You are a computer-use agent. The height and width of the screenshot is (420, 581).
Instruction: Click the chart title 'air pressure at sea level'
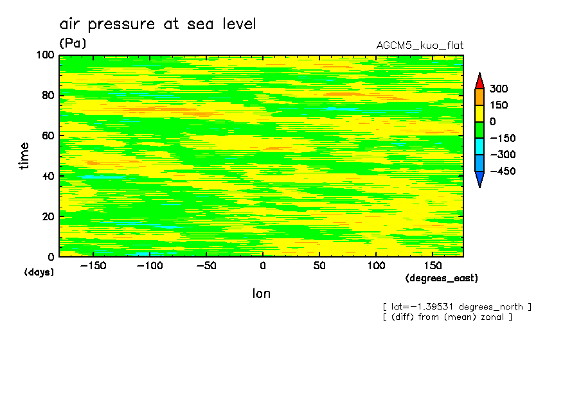(x=157, y=24)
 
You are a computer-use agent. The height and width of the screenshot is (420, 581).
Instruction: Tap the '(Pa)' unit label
(x=73, y=43)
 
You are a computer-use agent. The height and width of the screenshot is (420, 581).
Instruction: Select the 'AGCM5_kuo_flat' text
(x=420, y=46)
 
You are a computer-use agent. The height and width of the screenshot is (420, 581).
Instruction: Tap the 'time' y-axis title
(x=24, y=156)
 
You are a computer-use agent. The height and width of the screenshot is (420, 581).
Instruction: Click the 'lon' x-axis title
(x=261, y=293)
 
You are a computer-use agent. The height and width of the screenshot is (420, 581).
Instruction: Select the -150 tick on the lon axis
(x=93, y=266)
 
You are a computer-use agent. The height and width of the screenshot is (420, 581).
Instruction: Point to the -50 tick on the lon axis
(x=206, y=266)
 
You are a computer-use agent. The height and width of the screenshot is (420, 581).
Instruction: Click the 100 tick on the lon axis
(x=376, y=266)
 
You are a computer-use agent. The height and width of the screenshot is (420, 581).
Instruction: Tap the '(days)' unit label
(x=39, y=272)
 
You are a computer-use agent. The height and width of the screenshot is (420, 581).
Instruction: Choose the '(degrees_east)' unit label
(x=442, y=278)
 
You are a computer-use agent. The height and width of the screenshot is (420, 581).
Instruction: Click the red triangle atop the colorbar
(x=479, y=81)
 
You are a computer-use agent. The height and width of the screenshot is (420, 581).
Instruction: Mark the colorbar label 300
(x=498, y=89)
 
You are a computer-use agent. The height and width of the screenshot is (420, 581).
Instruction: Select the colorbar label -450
(x=501, y=171)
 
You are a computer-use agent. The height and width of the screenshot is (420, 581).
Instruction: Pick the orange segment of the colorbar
(x=479, y=97)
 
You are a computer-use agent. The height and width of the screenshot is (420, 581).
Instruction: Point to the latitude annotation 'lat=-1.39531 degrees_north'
(x=457, y=306)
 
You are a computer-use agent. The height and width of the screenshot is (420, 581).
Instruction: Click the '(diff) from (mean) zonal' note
(x=447, y=317)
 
